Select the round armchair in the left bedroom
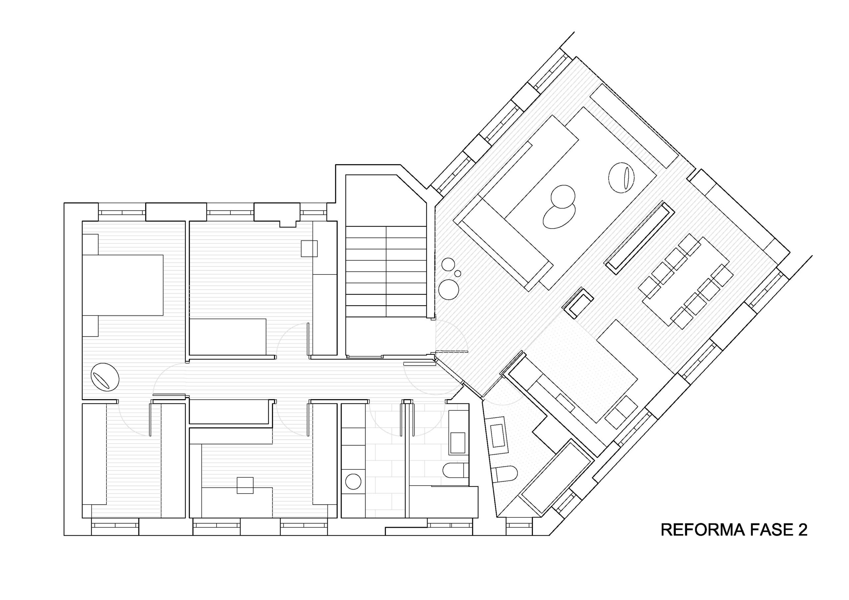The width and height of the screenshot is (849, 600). click(x=105, y=377)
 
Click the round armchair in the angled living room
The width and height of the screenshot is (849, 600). click(x=621, y=178)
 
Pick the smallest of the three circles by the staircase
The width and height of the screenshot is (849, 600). click(x=458, y=273)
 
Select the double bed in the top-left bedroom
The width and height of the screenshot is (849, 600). click(x=122, y=285)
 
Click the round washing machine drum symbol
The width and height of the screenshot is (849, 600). click(x=353, y=481)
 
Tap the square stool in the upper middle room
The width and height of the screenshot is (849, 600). click(x=309, y=248)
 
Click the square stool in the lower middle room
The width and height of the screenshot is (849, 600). click(x=245, y=485)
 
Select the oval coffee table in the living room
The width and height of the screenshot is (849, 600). click(x=559, y=216)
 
